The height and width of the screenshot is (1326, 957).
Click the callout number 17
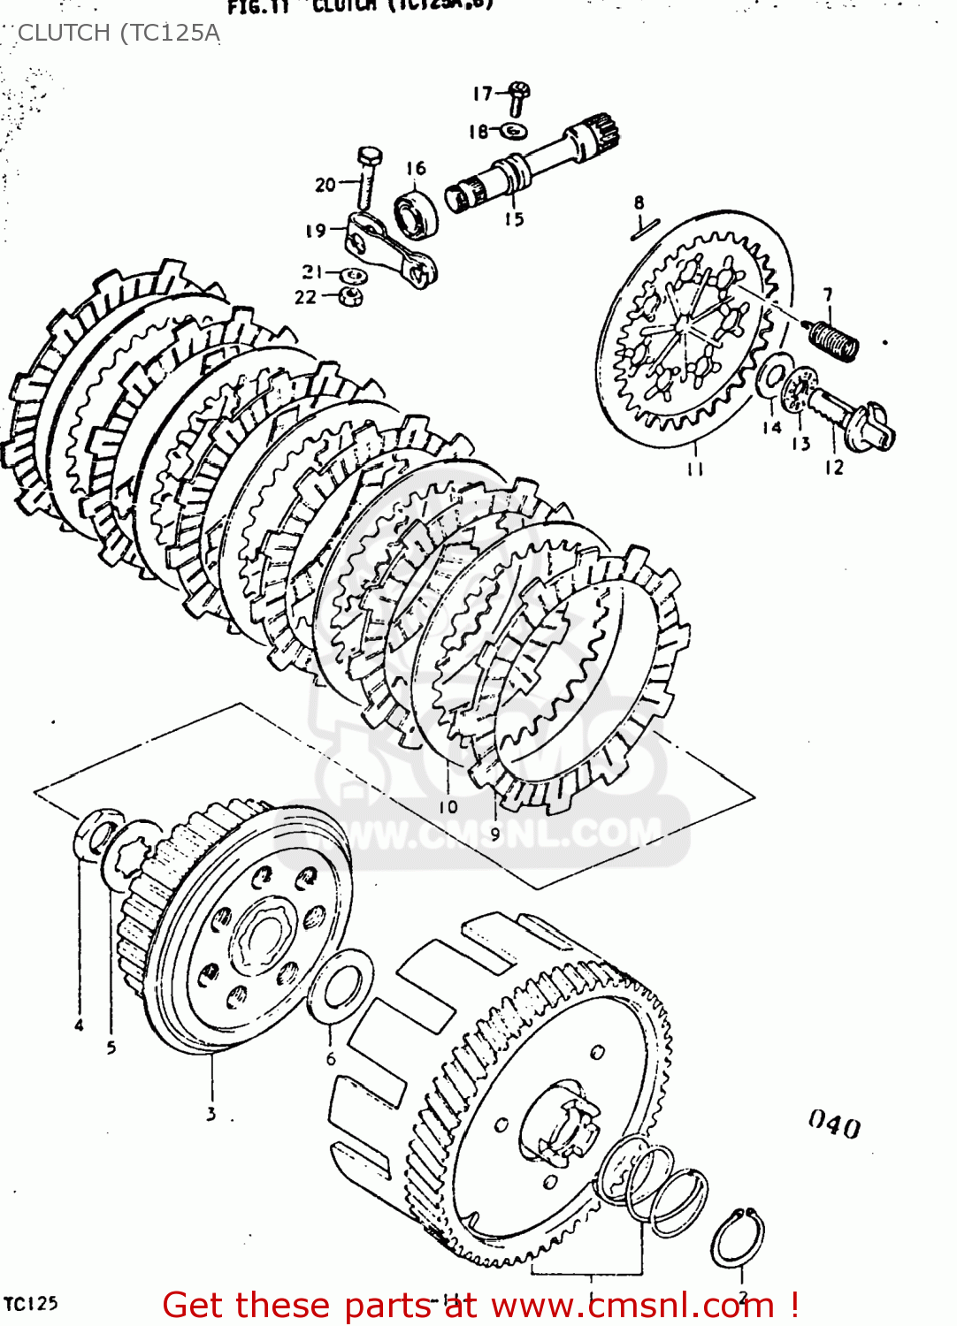coord(482,94)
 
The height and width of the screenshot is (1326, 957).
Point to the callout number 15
coord(514,219)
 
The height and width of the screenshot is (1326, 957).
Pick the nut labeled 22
coord(351,297)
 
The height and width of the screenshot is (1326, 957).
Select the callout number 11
coord(695,469)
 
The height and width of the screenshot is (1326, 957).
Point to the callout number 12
coord(834,467)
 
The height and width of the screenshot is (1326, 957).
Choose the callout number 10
coord(448,806)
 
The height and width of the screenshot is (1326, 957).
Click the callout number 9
coord(494,833)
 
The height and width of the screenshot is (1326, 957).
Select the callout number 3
coord(211,1114)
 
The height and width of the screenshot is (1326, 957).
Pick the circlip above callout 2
coord(738,1237)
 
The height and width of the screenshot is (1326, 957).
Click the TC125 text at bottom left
coord(31,1303)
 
